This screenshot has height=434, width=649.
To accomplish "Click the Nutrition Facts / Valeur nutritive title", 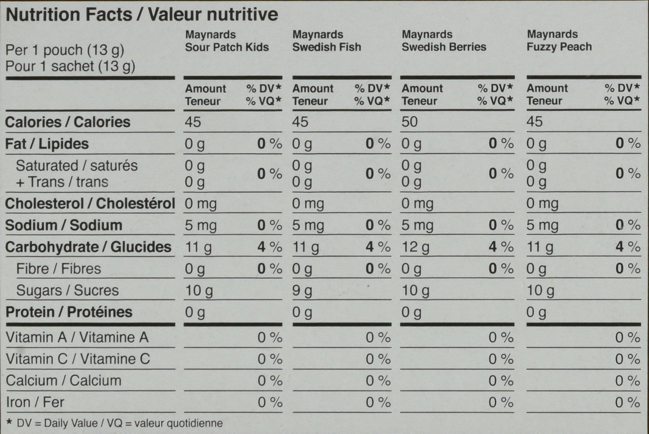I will coord(141,14).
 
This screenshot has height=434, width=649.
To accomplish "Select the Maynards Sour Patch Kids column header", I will coord(227,41).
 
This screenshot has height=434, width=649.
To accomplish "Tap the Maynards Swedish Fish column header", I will coord(327,41).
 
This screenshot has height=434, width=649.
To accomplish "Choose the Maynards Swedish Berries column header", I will coord(444,41).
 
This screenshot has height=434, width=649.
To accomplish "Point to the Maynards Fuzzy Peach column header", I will coord(559,41).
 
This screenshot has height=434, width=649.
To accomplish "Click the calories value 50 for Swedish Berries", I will coord(410,122).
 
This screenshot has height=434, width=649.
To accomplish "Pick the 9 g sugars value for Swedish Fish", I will coord(302,291).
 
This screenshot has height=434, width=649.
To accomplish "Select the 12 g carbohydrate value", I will coord(415,247).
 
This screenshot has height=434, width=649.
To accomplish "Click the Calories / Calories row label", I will coord(67,122).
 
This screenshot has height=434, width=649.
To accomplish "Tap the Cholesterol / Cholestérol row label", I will coord(90,204).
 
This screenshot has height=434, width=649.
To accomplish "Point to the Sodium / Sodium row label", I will coord(63,226).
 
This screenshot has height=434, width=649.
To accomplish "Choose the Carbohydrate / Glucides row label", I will coord(88,247).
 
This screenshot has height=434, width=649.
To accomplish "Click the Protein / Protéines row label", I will coord(69,312).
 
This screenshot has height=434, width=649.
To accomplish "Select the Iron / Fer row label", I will coord(35,403).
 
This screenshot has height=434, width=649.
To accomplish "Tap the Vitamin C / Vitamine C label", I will coord(78,359).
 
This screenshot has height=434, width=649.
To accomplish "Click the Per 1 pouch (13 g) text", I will coord(64,51).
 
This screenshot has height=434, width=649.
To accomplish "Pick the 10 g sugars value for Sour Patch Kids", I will coord(199,291).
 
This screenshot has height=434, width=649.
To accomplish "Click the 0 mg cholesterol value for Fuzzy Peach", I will coord(542,204).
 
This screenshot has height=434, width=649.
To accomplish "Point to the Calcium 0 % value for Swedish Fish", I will coord(378,381).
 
